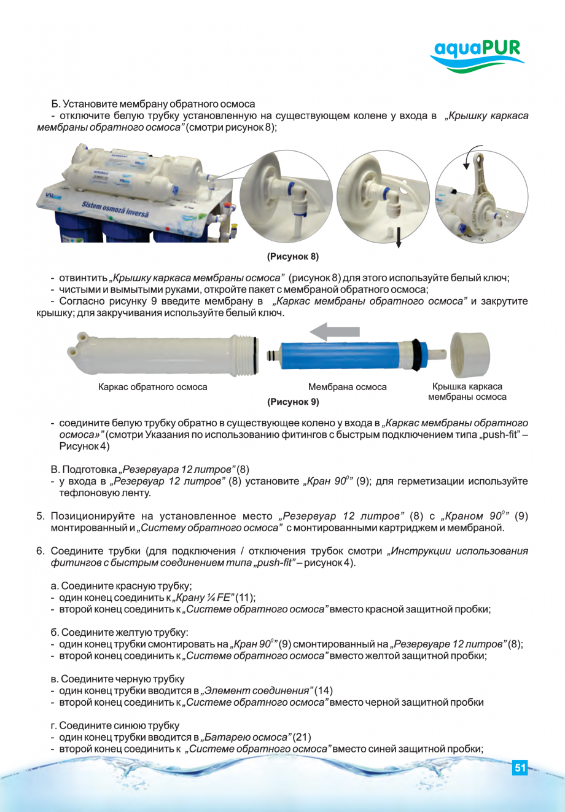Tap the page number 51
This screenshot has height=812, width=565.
(x=520, y=768)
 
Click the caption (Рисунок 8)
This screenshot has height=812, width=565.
(x=292, y=256)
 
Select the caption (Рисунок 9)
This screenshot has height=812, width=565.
(x=293, y=402)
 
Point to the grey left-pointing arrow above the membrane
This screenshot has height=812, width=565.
(x=334, y=332)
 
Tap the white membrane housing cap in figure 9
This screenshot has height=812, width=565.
(x=470, y=354)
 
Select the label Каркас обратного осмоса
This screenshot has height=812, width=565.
(x=153, y=387)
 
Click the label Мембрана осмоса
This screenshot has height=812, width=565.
(x=347, y=387)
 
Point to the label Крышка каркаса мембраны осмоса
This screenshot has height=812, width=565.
(x=467, y=392)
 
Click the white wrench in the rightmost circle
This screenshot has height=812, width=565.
(x=485, y=184)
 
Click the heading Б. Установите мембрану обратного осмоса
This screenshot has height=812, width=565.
(x=153, y=104)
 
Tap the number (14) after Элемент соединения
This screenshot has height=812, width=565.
(x=324, y=690)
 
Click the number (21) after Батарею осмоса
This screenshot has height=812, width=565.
(x=302, y=737)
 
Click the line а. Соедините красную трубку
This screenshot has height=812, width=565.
(x=121, y=586)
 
